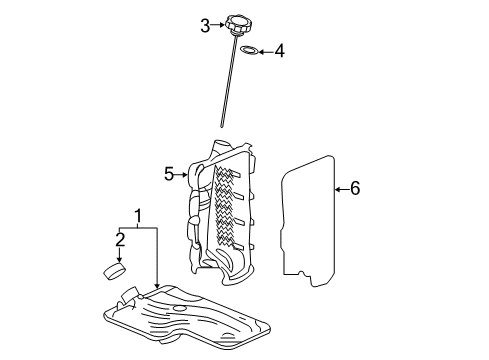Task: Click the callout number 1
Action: pos(139,215)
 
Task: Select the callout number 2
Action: pos(120,239)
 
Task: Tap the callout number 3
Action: pos(205,24)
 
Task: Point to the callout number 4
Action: pos(280,50)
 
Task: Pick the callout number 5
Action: pos(169,174)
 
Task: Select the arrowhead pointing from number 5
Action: pos(187,174)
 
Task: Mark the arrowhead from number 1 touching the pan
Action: pos(157,290)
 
